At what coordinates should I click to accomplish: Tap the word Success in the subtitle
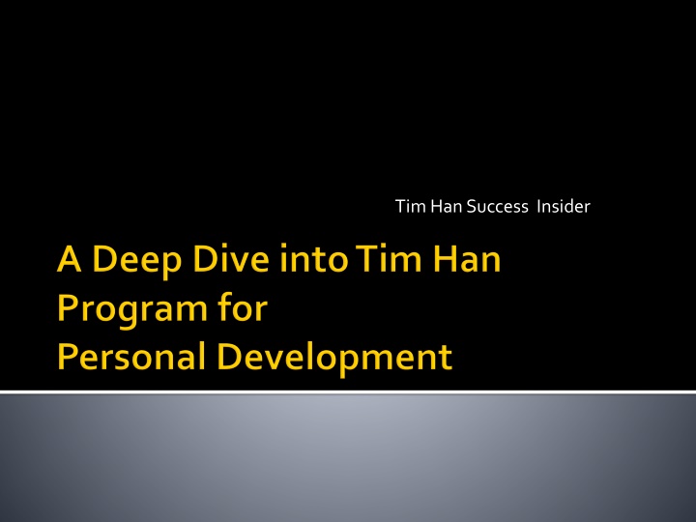pos(498,207)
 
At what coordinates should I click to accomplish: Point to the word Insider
pos(564,207)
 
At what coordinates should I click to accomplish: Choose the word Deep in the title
pos(137,262)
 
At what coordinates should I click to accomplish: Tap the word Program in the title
pos(132,310)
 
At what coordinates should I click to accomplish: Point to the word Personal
pos(131,356)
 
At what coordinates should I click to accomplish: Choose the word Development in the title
pos(334,359)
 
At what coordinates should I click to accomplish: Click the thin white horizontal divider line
pos(348,391)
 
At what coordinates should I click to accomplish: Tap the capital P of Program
pos(68,307)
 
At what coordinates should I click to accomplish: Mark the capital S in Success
pos(472,207)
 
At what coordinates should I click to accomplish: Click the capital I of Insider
pos(538,207)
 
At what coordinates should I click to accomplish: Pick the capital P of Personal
pos(68,357)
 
